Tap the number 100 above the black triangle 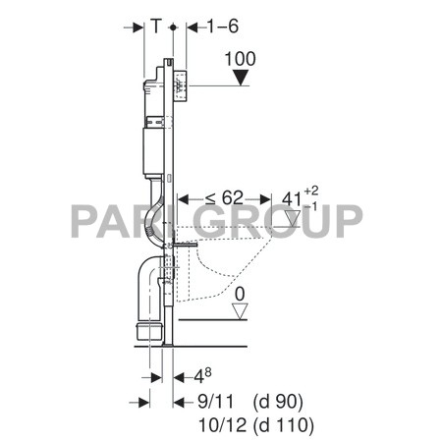240,60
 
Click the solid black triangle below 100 241,77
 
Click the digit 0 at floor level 239,292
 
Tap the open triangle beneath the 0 239,310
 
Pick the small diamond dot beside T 174,29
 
